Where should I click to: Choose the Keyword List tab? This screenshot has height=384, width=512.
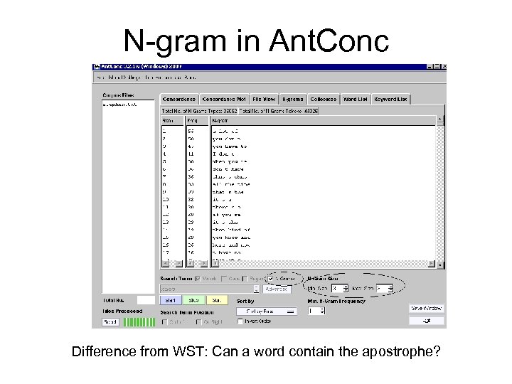point(390,99)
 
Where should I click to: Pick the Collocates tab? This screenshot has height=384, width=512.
point(322,99)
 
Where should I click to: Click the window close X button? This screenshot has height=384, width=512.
point(442,67)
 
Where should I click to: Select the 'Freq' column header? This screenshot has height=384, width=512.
point(192,121)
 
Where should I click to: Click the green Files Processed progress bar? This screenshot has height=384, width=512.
point(138,321)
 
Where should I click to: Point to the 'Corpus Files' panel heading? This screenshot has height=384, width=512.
point(117,94)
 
